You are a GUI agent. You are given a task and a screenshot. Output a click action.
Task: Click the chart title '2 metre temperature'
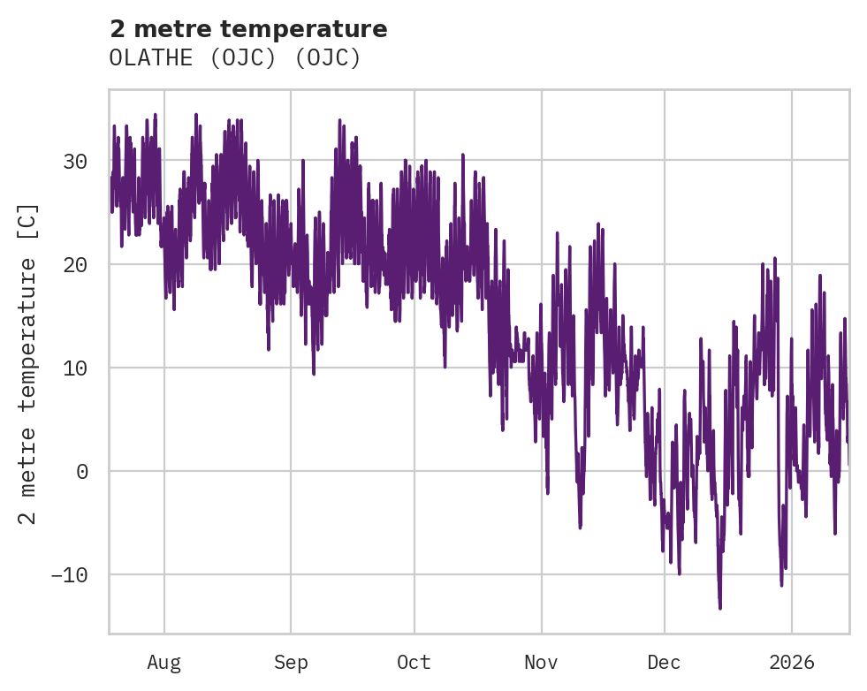248,29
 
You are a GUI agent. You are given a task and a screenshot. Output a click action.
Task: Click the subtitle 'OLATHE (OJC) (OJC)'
235,57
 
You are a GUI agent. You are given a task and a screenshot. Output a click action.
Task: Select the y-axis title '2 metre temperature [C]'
28,364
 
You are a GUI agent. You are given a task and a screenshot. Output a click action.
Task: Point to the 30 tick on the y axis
75,162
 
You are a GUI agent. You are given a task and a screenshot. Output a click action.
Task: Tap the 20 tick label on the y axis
75,265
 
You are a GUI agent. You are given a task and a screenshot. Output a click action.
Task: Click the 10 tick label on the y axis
75,368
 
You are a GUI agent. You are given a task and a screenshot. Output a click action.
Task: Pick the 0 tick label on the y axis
82,472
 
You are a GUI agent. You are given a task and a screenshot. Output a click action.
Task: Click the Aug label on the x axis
164,663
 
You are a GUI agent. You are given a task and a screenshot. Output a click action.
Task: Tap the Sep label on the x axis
290,663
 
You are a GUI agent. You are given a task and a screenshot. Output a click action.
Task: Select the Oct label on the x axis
414,663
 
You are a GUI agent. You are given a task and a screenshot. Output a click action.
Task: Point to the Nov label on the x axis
541,663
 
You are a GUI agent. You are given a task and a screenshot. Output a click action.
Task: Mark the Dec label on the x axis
664,663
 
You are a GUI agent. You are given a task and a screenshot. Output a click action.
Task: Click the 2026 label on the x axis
791,663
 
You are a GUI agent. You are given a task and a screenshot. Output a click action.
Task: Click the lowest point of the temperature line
719,608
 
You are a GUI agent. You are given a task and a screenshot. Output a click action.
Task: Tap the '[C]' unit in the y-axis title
28,221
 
